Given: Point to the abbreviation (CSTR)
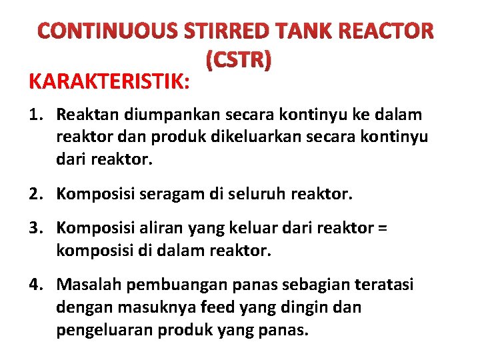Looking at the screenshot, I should pyautogui.click(x=239, y=61).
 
